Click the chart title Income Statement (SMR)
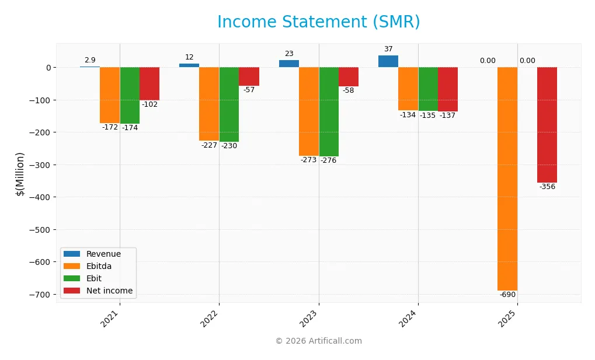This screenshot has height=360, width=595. pyautogui.click(x=318, y=22)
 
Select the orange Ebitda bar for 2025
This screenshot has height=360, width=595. pyautogui.click(x=507, y=179)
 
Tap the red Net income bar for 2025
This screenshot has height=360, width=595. pyautogui.click(x=547, y=125)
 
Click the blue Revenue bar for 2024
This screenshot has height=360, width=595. pyautogui.click(x=388, y=61)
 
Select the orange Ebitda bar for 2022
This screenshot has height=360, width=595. pyautogui.click(x=209, y=104)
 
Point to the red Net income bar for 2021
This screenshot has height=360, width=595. pyautogui.click(x=149, y=83)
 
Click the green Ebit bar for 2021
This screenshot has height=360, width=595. pyautogui.click(x=130, y=95)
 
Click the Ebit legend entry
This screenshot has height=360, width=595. pyautogui.click(x=95, y=278)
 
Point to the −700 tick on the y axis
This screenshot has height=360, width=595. pyautogui.click(x=40, y=294)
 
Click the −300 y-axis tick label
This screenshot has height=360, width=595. pyautogui.click(x=40, y=165)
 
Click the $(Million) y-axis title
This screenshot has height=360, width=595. pyautogui.click(x=20, y=174)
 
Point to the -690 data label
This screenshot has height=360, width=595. pyautogui.click(x=507, y=295)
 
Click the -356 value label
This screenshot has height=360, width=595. pyautogui.click(x=547, y=187)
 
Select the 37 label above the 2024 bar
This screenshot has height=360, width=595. pyautogui.click(x=388, y=49)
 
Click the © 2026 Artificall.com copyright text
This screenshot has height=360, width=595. pyautogui.click(x=318, y=341)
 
